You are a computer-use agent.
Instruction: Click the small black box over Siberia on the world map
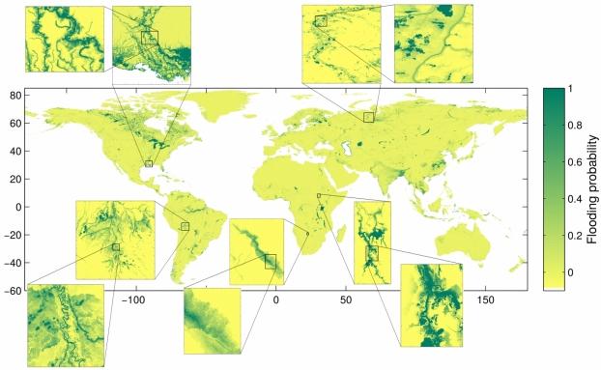tap(369, 116)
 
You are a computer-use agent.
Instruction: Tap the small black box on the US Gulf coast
tap(149, 163)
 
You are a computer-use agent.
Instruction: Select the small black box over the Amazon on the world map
tap(185, 227)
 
